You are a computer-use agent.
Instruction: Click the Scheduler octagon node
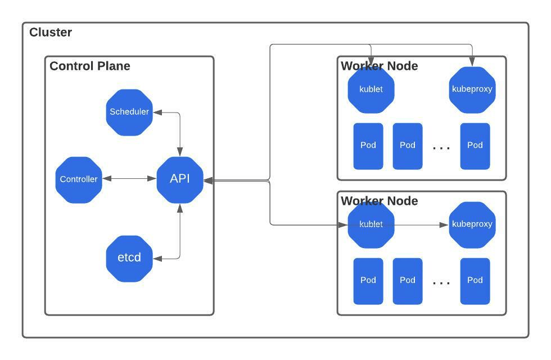(x=129, y=112)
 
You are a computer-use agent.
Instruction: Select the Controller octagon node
(x=79, y=179)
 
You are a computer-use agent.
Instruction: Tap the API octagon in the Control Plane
(x=180, y=179)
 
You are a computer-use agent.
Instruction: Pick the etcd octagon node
(x=129, y=258)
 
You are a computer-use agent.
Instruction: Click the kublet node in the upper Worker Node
(x=371, y=90)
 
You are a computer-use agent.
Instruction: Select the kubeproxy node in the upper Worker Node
(x=472, y=90)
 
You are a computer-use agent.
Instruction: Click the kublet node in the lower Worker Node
(x=371, y=225)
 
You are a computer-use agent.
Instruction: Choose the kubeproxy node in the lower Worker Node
(x=472, y=225)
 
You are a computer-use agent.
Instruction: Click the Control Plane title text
(x=90, y=66)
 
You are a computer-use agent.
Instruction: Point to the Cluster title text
(x=51, y=33)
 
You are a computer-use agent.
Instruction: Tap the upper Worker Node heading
(x=380, y=66)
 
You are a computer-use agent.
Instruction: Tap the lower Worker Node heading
(x=380, y=201)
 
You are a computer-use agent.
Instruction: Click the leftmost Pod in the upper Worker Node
(x=368, y=146)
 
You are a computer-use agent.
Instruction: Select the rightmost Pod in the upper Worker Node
(x=475, y=146)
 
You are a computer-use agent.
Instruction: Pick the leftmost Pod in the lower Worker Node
(x=368, y=281)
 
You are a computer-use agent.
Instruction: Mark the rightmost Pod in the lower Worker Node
(x=475, y=281)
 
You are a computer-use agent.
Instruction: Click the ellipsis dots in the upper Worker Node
(x=441, y=148)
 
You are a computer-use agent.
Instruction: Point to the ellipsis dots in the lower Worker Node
(x=441, y=283)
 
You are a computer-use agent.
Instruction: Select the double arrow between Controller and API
(x=129, y=179)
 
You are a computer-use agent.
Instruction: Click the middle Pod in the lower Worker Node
(x=408, y=281)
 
